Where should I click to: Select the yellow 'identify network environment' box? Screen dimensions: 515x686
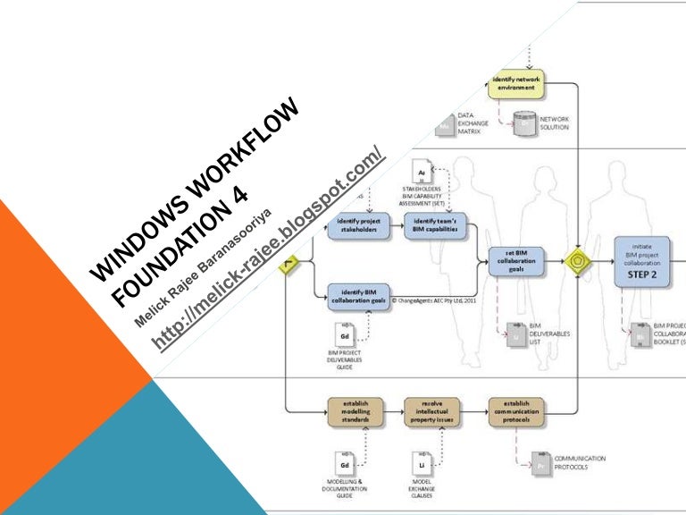click(x=515, y=85)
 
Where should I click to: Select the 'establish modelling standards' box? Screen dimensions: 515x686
click(x=359, y=411)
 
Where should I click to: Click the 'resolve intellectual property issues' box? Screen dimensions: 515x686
click(x=435, y=411)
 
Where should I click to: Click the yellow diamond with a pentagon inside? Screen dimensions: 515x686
click(x=579, y=261)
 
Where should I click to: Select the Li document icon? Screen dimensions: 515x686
click(x=421, y=465)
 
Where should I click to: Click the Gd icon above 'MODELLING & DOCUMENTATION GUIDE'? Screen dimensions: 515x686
click(x=344, y=465)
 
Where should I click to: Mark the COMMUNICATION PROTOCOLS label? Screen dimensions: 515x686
click(x=580, y=462)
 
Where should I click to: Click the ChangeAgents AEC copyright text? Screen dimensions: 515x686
click(x=439, y=301)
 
